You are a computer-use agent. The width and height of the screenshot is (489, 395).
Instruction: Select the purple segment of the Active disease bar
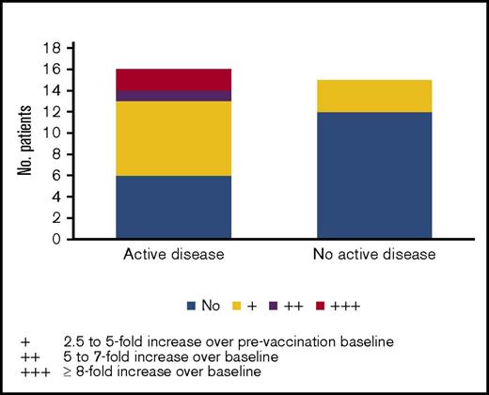pyautogui.click(x=174, y=95)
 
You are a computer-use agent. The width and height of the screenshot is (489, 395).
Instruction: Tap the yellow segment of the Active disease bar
pyautogui.click(x=174, y=138)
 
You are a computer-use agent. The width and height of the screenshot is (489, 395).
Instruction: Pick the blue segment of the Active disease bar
pyautogui.click(x=174, y=207)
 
